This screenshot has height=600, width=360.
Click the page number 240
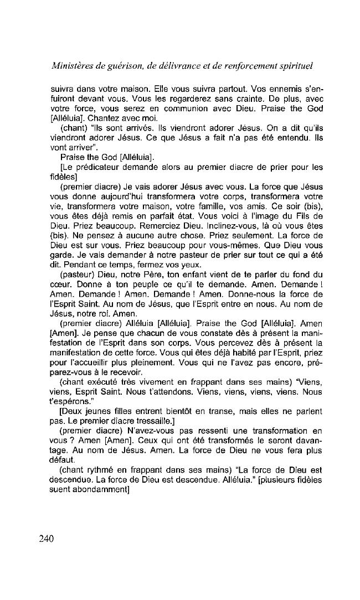pyautogui.click(x=46, y=540)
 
